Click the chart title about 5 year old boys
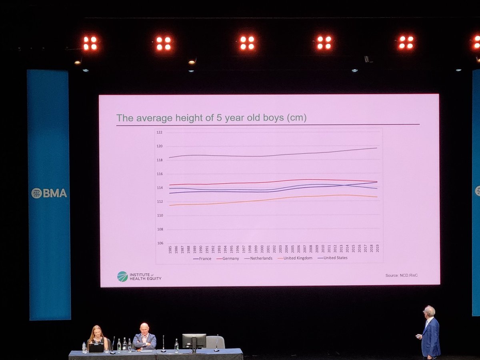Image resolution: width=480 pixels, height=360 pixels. tap(211, 118)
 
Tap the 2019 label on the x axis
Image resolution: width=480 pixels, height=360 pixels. tap(377, 248)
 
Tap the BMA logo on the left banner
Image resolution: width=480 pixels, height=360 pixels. tap(49, 193)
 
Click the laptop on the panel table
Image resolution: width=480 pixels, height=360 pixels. tap(96, 348)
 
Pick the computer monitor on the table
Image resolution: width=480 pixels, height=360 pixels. tap(194, 342)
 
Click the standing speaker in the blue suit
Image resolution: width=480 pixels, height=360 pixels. tap(430, 332)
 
